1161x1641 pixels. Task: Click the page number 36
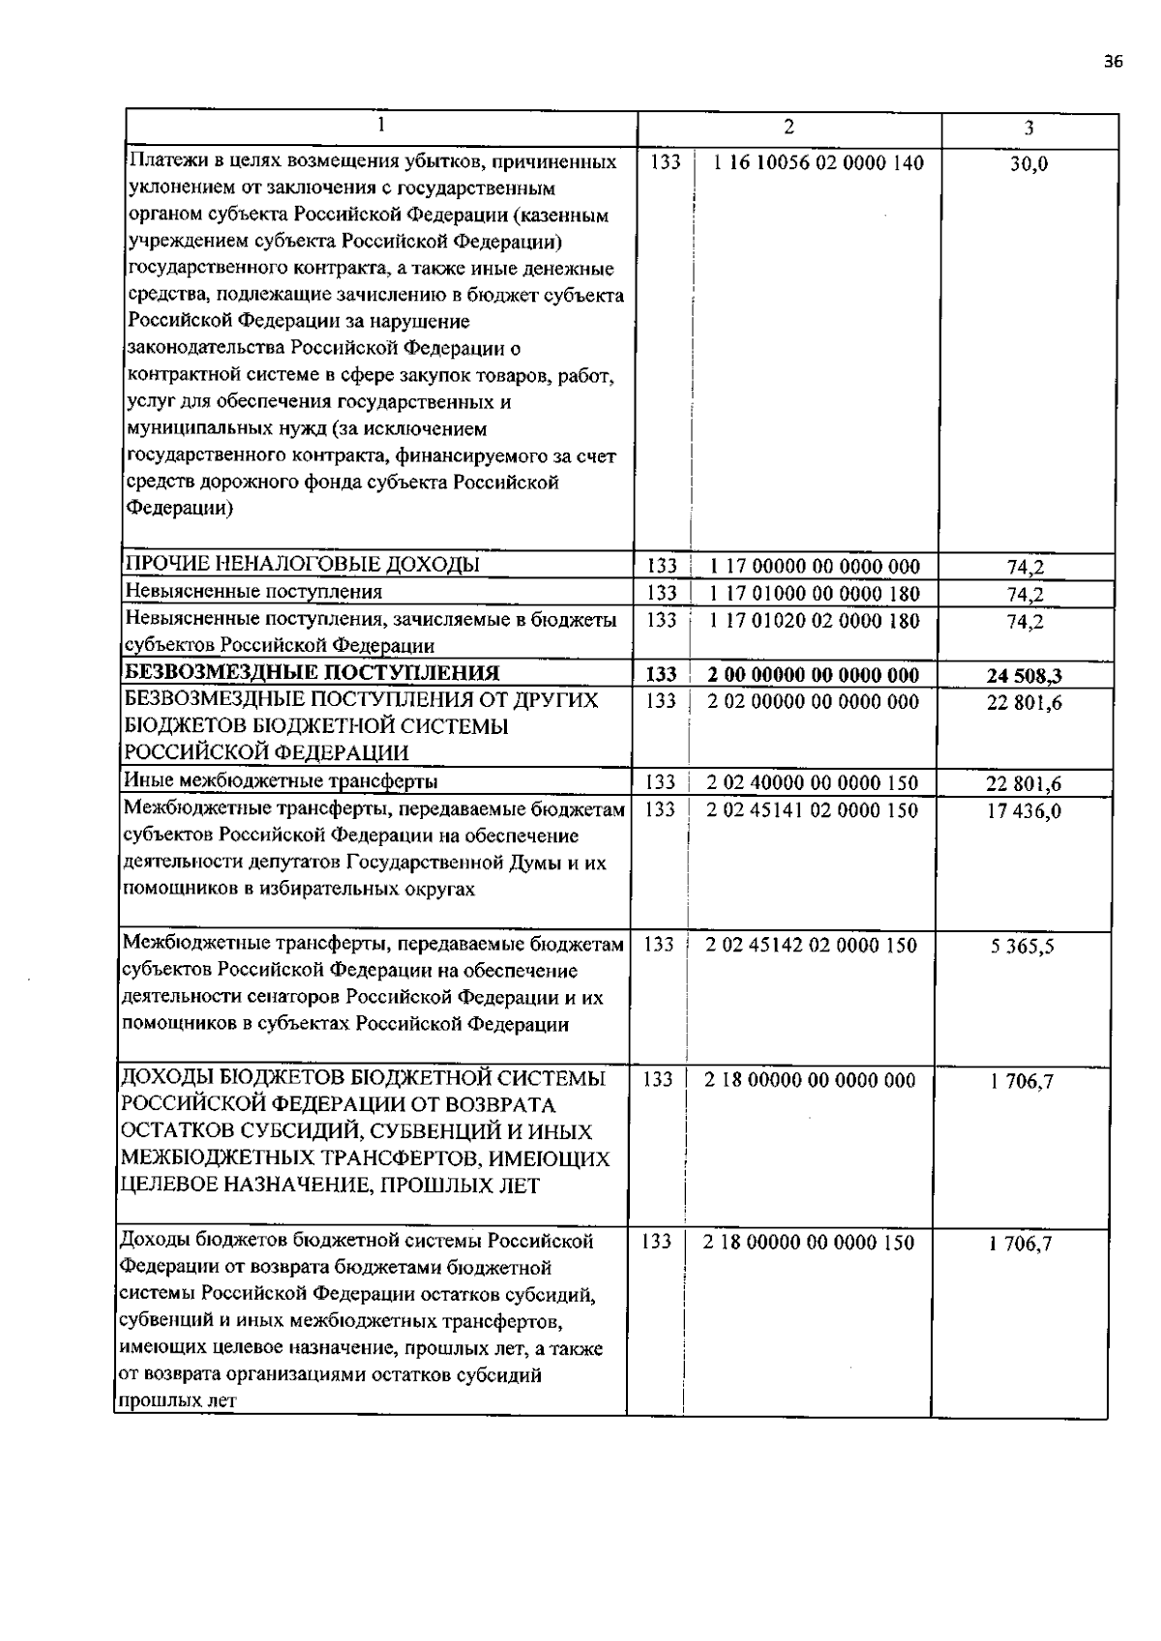tap(1113, 62)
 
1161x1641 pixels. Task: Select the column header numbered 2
tap(789, 127)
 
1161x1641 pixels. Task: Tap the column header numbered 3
tap(1028, 129)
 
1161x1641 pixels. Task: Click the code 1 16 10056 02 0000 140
tap(819, 163)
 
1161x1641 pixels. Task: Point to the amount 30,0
tap(1028, 164)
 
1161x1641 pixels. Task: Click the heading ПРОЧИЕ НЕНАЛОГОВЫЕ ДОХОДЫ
tap(302, 565)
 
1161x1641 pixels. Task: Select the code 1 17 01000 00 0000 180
tap(815, 594)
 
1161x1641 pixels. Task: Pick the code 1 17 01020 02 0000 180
tap(815, 621)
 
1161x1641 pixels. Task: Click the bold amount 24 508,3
tap(1025, 676)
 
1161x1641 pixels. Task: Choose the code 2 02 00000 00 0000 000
tap(813, 702)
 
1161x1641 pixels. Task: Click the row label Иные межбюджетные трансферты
tap(280, 781)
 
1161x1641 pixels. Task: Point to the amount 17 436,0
tap(1025, 811)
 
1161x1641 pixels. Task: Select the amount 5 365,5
tap(1022, 947)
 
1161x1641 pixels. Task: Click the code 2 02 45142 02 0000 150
tap(811, 945)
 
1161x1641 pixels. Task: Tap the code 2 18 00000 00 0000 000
tap(810, 1080)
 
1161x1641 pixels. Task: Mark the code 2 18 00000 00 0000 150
tap(809, 1243)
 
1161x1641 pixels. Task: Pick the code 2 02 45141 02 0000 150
tap(812, 809)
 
